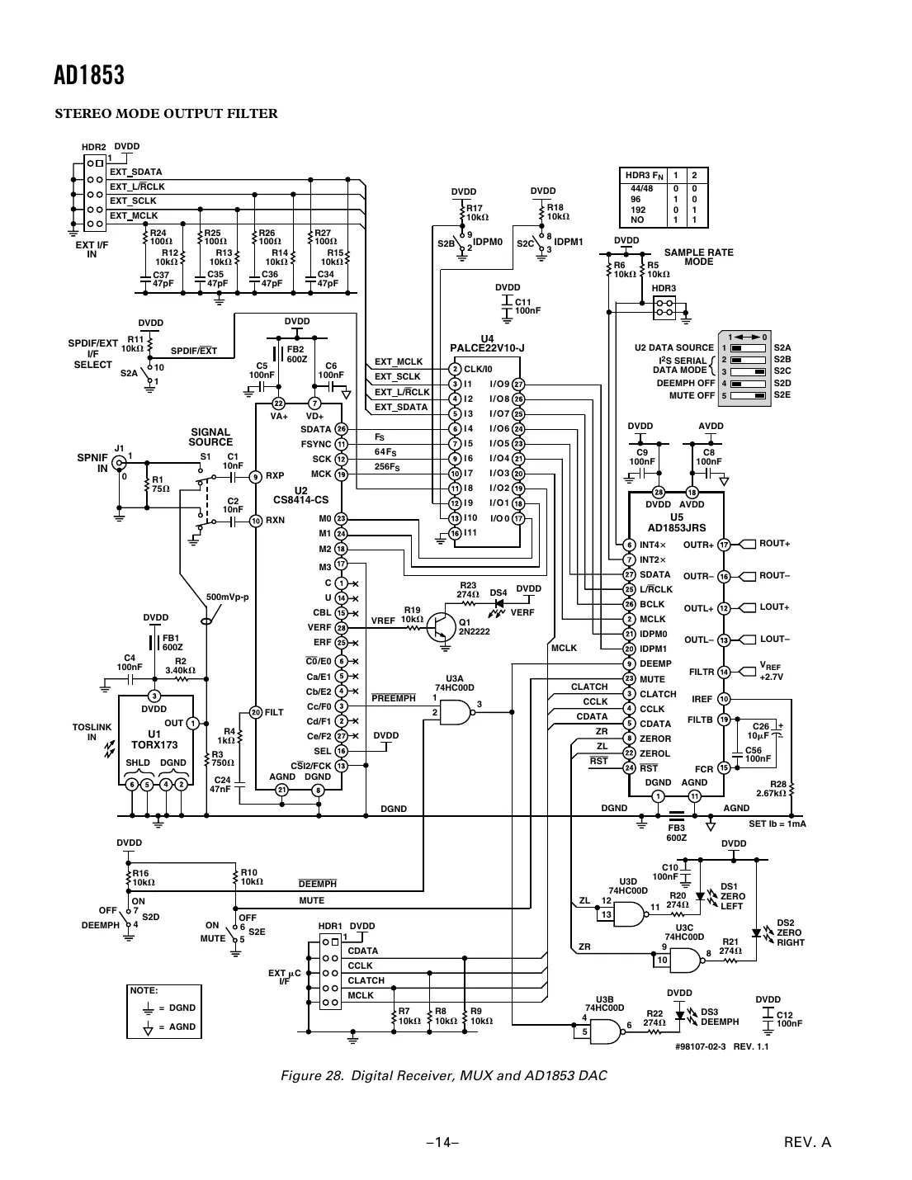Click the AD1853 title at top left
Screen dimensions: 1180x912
(x=89, y=76)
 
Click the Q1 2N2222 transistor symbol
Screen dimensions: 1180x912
(x=442, y=628)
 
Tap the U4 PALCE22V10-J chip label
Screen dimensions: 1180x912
(x=487, y=344)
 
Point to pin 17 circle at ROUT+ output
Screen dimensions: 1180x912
(x=724, y=545)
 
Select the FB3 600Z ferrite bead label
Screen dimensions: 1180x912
(x=676, y=833)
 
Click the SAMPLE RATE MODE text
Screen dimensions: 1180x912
(x=698, y=257)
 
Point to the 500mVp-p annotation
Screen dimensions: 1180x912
(x=227, y=597)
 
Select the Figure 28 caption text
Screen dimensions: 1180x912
(x=443, y=1075)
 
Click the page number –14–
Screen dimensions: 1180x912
(x=442, y=1143)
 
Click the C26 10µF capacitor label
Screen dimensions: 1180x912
(x=759, y=731)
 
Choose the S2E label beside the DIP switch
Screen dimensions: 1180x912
(x=782, y=394)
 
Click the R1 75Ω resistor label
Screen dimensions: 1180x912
(x=161, y=484)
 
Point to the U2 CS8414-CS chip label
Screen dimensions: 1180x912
(x=300, y=495)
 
